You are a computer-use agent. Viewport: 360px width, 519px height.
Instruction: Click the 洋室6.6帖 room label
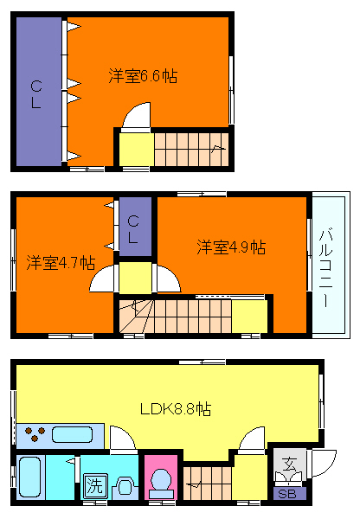point(144,75)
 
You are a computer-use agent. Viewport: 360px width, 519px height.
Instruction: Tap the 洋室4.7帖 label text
point(60,262)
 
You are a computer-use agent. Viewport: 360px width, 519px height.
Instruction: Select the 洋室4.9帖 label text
point(230,247)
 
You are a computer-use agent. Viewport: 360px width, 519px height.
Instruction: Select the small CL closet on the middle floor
point(134,226)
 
